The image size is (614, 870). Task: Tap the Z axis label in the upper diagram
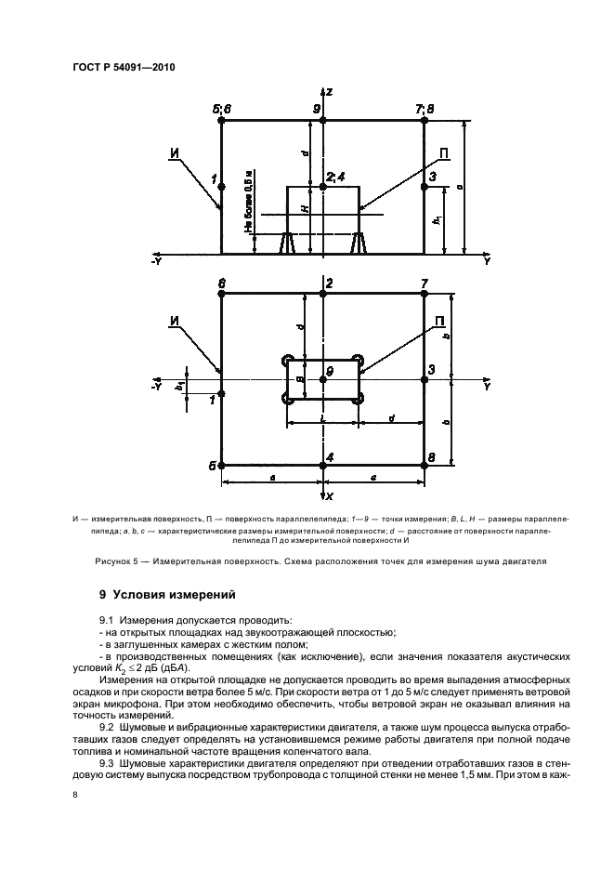(330, 92)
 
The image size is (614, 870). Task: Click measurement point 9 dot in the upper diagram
(322, 120)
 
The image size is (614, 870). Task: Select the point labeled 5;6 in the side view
(221, 120)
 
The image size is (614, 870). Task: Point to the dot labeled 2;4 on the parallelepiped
(322, 187)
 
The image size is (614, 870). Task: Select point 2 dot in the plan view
(322, 294)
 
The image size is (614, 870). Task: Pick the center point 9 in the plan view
(322, 379)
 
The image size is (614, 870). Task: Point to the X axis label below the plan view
(330, 496)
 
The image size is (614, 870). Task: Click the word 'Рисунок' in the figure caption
(116, 561)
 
